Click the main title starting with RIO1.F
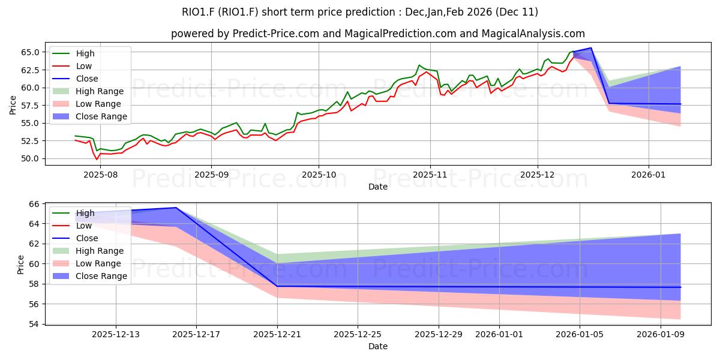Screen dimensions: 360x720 pyautogui.click(x=360, y=12)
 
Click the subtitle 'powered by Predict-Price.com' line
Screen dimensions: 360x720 pyautogui.click(x=378, y=34)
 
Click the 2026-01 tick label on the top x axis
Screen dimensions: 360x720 pyautogui.click(x=649, y=175)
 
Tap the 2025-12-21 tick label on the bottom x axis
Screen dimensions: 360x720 pyautogui.click(x=277, y=334)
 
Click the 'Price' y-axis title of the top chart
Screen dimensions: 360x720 pyautogui.click(x=14, y=106)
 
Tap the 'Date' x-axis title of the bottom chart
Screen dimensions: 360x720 pyautogui.click(x=378, y=346)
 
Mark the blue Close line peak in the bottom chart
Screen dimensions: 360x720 pyautogui.click(x=176, y=208)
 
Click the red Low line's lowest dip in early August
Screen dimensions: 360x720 pyautogui.click(x=97, y=160)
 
